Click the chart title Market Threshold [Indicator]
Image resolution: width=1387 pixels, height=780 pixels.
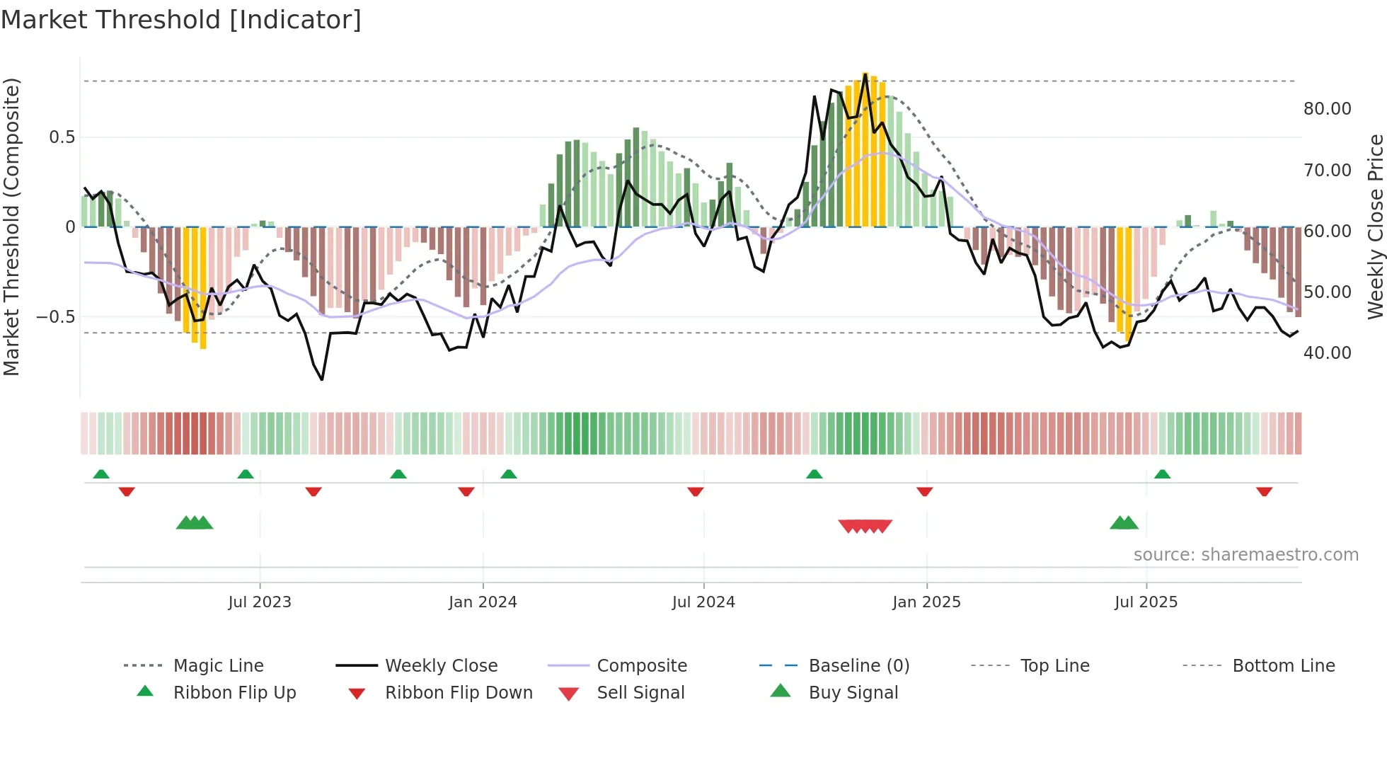pyautogui.click(x=181, y=20)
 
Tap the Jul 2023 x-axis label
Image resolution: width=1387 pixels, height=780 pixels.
pyautogui.click(x=260, y=602)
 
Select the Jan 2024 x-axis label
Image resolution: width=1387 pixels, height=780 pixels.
pyautogui.click(x=483, y=602)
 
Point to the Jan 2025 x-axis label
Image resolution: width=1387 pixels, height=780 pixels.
pyautogui.click(x=926, y=602)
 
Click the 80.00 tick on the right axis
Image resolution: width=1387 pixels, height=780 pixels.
pyautogui.click(x=1327, y=109)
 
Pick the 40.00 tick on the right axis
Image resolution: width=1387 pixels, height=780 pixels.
pyautogui.click(x=1327, y=353)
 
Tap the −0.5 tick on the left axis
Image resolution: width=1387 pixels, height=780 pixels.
pyautogui.click(x=56, y=317)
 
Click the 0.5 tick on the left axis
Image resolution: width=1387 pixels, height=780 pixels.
pyautogui.click(x=62, y=137)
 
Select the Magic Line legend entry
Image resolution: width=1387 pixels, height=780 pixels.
pyautogui.click(x=218, y=666)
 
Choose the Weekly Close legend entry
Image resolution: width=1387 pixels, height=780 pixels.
pyautogui.click(x=441, y=666)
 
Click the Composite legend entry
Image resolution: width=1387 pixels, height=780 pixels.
pyautogui.click(x=642, y=666)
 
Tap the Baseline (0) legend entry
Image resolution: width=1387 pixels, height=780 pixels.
pyautogui.click(x=858, y=666)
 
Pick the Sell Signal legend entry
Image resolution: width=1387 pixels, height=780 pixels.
pyautogui.click(x=640, y=693)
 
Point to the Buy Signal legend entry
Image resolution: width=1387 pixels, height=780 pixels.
pyautogui.click(x=853, y=693)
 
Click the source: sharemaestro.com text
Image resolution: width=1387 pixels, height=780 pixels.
pyautogui.click(x=1245, y=555)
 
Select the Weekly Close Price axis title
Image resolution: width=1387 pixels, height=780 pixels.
pyautogui.click(x=1375, y=226)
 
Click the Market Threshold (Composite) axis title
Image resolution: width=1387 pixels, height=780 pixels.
pyautogui.click(x=11, y=226)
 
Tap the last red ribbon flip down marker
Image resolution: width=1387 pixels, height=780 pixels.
pyautogui.click(x=1264, y=492)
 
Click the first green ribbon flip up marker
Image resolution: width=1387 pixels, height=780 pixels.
pyautogui.click(x=101, y=474)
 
